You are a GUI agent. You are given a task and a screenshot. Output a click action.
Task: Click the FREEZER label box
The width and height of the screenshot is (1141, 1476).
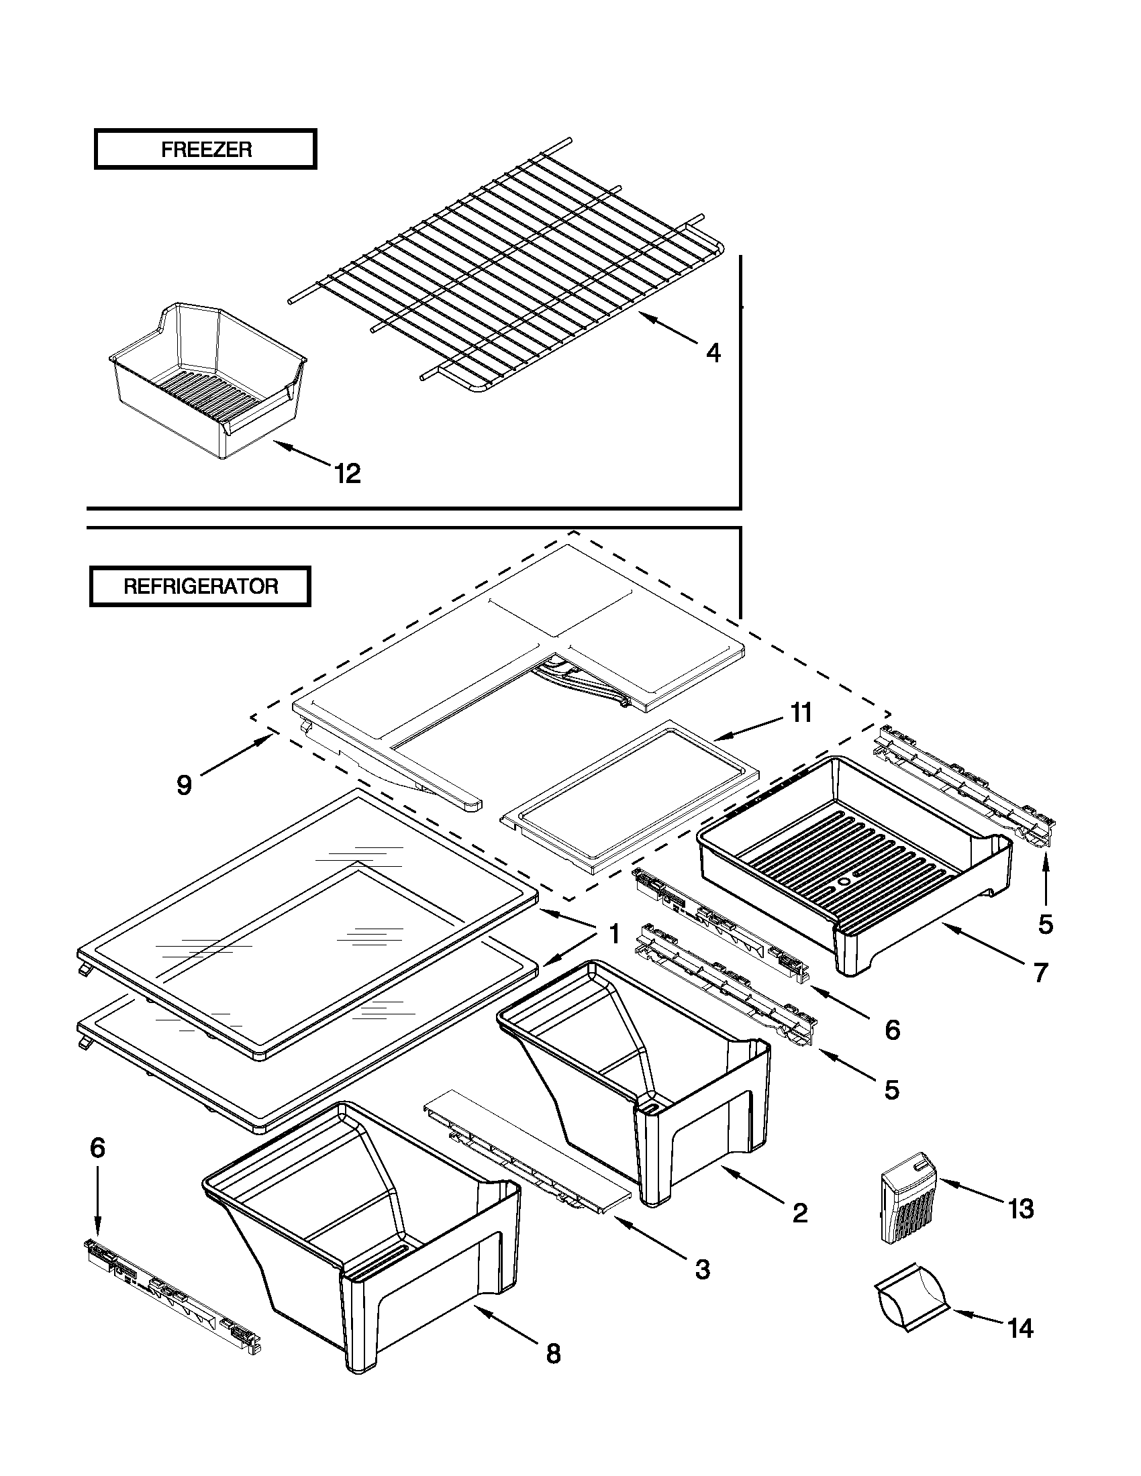205,150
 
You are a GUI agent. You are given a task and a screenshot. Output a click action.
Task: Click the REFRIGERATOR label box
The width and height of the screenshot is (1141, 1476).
200,586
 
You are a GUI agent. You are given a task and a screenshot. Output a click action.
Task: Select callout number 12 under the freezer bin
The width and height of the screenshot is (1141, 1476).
348,474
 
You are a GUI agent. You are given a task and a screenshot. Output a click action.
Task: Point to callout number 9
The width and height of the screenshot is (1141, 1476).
184,786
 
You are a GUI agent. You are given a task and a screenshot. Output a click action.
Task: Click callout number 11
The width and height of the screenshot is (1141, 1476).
801,714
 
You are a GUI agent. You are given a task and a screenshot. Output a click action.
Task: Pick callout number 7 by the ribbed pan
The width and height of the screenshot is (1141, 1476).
1040,973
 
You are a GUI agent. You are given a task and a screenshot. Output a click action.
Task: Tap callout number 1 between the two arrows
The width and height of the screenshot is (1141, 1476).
613,935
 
